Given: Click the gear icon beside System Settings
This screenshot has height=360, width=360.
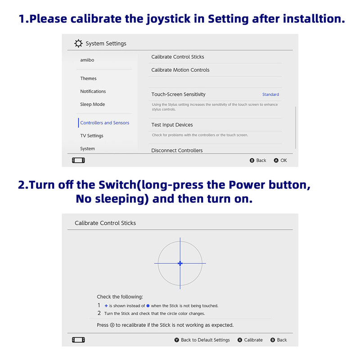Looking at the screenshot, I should click(78, 44).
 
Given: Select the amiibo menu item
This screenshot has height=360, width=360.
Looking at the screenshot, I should click(87, 60).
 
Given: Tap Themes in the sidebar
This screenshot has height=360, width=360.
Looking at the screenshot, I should click(88, 78).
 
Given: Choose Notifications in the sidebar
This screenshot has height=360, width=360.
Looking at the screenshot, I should click(93, 91).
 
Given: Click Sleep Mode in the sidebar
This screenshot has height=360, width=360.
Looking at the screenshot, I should click(92, 104).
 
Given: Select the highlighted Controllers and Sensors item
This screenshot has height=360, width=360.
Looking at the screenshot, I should click(104, 123).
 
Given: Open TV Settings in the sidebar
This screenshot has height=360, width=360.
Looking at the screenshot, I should click(91, 136).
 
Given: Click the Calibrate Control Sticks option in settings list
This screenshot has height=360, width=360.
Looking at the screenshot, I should click(177, 57).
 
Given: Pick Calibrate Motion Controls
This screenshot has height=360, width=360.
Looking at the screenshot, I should click(180, 70).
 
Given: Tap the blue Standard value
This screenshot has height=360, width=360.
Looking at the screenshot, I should click(270, 94).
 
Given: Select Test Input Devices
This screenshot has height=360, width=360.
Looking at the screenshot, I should click(172, 125).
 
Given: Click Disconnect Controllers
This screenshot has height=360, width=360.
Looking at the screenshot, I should click(177, 150).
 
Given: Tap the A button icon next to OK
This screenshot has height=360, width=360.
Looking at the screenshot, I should click(276, 161).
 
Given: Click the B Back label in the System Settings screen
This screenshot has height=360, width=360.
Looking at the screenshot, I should click(261, 161).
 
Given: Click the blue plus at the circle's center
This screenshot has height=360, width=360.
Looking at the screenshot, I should click(180, 263).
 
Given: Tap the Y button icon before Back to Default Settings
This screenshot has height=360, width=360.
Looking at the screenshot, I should click(177, 340).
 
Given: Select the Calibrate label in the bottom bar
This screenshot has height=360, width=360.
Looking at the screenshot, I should click(253, 340).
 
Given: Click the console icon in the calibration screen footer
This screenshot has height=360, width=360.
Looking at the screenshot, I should click(78, 340).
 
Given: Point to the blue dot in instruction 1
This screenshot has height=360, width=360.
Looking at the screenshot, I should click(148, 306).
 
